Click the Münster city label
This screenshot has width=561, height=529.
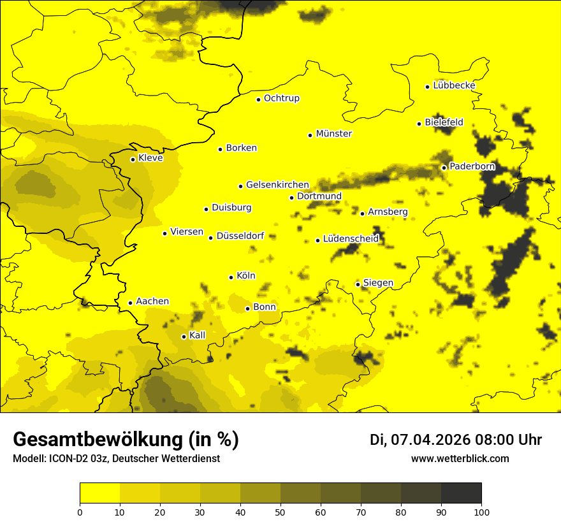333,134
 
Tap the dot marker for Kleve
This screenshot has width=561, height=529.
133,159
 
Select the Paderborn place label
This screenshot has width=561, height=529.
472,166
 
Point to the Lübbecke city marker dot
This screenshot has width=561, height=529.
427,87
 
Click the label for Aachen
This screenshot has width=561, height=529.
152,301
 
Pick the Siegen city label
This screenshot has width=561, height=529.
378,282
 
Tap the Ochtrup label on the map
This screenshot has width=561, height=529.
281,98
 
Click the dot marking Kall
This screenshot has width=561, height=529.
184,337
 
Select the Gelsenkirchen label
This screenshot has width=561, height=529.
277,185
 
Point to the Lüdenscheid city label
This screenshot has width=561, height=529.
351,239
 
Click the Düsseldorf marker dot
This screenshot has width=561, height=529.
210,238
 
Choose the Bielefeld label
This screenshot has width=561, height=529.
444,122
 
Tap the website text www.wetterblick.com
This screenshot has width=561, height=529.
460,458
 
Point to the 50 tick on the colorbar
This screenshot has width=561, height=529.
280,512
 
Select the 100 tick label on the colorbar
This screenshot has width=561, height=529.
481,512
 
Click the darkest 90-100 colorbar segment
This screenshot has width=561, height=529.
461,493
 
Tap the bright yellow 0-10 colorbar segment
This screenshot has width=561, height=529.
99,493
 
